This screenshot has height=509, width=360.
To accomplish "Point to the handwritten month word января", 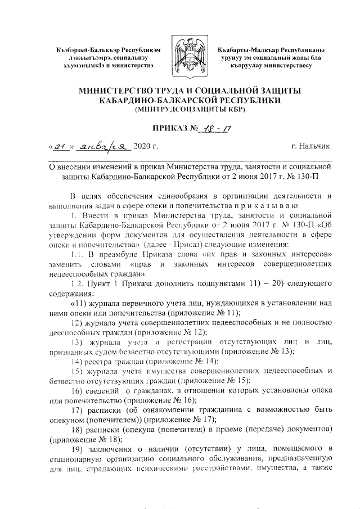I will [103, 148].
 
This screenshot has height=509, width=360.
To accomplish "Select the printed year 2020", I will [142, 148].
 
